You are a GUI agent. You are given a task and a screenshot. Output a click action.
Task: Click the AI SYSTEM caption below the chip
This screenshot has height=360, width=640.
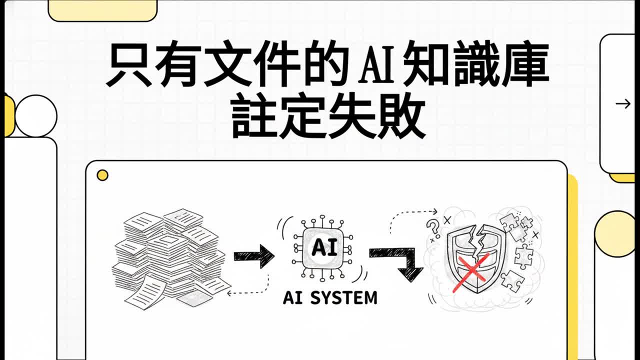330,297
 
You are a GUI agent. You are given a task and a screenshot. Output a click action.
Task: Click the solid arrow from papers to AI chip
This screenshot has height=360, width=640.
254,256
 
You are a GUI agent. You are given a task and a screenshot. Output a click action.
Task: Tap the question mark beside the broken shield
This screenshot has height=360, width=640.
432,227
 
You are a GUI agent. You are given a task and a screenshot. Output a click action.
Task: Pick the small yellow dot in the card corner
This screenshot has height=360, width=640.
102,175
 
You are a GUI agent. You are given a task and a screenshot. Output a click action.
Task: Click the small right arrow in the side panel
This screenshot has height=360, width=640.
623,103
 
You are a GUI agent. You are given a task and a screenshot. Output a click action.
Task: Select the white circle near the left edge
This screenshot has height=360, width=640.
36,116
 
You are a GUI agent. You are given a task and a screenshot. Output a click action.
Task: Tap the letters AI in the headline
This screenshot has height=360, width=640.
377,65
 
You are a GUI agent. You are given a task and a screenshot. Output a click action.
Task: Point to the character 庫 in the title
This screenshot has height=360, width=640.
525,64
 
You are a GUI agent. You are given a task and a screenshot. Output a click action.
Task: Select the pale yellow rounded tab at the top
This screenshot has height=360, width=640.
102,10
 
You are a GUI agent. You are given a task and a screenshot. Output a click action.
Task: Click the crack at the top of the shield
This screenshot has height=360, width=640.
476,240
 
